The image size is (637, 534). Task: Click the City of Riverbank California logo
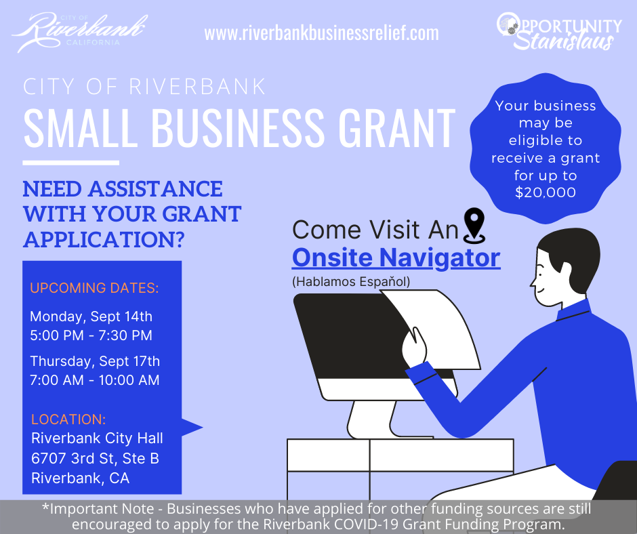(x=80, y=32)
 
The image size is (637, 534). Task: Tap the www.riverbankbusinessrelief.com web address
(x=321, y=33)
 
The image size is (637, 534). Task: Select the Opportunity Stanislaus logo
(x=559, y=31)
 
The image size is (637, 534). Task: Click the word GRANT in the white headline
(x=397, y=127)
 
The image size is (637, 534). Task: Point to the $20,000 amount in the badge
(x=546, y=192)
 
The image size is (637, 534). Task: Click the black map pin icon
(x=474, y=225)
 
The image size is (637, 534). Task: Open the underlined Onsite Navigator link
(x=396, y=258)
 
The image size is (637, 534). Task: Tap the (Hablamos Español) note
(x=351, y=282)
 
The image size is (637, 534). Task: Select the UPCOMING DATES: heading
(x=94, y=288)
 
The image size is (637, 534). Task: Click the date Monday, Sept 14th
(x=91, y=316)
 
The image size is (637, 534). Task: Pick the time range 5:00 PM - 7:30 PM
(x=91, y=335)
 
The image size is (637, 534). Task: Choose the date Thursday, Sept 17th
(x=95, y=361)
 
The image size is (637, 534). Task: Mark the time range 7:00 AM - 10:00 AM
(x=95, y=380)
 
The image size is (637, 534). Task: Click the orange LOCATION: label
(x=68, y=419)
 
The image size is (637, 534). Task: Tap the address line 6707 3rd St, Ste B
(x=95, y=458)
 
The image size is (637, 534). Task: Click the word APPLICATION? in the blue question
(x=104, y=240)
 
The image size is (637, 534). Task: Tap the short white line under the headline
(x=70, y=163)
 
